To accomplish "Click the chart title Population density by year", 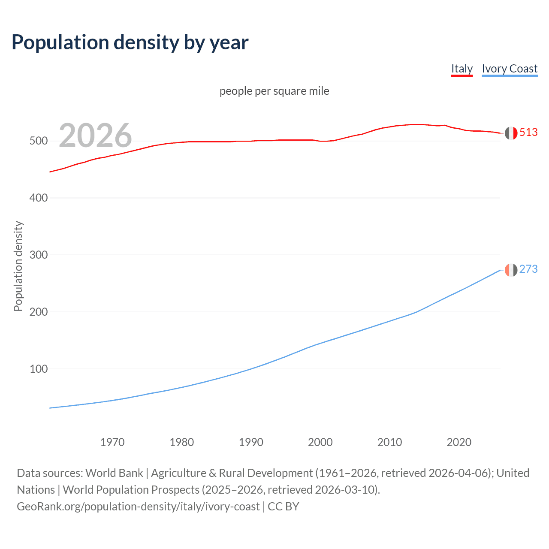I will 130,42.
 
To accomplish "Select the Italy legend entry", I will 462,69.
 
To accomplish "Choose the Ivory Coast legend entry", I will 510,69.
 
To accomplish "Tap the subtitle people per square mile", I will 274,91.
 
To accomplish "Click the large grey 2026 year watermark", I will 95,136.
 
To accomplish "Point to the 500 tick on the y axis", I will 39,141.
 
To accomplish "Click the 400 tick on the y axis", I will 39,198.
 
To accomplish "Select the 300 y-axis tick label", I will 39,255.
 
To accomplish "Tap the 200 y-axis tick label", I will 39,312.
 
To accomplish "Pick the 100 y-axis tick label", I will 39,369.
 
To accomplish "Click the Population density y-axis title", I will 18,266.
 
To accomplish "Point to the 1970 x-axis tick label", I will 112,442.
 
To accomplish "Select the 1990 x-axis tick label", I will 251,442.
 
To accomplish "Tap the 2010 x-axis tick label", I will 389,442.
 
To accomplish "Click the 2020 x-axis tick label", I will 459,442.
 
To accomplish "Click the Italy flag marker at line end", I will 511,133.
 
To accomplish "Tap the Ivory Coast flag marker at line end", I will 511,270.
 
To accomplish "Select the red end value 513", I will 528,132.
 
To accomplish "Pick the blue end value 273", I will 528,269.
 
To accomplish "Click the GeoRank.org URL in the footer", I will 138,507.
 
